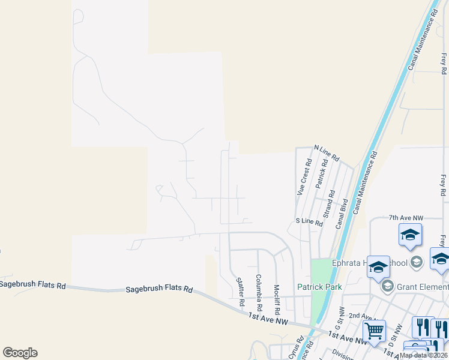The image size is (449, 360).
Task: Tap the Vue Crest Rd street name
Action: point(304,177)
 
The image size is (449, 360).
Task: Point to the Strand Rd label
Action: point(329,205)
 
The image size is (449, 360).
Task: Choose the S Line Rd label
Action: point(310,223)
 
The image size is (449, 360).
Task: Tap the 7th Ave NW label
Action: point(406,218)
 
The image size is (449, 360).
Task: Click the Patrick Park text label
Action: point(321,287)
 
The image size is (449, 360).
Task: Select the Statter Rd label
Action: point(240,291)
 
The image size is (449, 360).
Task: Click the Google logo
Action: point(20,353)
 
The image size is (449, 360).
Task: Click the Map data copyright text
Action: point(423,355)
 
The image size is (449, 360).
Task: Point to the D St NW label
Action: point(391,334)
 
